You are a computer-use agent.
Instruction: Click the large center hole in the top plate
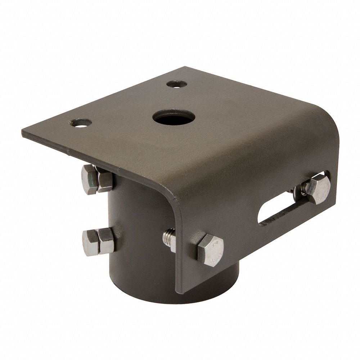tap(174, 117)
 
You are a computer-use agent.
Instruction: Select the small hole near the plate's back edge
tap(177, 85)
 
